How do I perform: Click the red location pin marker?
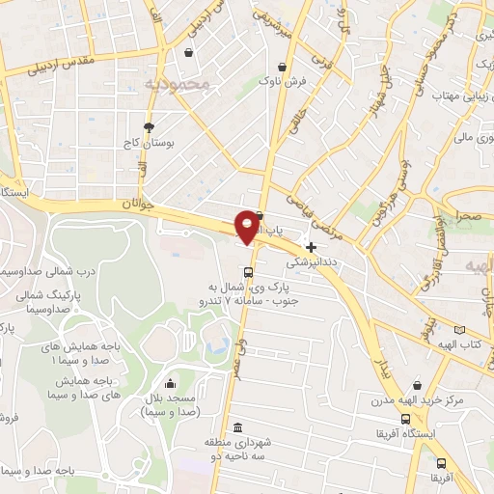[x=247, y=226]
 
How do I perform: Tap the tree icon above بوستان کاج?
[x=148, y=126]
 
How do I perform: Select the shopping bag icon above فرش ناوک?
[x=282, y=67]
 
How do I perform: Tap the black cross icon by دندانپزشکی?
[x=311, y=247]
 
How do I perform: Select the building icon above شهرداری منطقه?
[x=238, y=428]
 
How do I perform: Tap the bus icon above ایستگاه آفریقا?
[x=406, y=420]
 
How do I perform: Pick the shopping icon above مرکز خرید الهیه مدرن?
[x=417, y=383]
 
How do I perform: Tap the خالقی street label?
[x=294, y=125]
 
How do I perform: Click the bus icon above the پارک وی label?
[x=249, y=271]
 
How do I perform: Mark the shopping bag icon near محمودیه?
[x=188, y=53]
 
